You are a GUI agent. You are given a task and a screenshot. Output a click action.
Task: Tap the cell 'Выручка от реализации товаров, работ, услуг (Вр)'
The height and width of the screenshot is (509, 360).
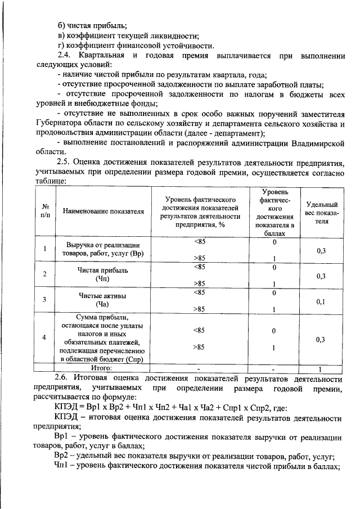(x=104, y=249)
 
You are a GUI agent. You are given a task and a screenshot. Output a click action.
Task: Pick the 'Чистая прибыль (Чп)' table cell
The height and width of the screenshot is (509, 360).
(x=104, y=274)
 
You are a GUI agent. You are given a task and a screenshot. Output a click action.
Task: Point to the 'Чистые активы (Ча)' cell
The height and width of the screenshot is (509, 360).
(x=104, y=300)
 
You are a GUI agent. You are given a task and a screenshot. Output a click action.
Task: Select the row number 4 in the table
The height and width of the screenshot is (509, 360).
(x=45, y=337)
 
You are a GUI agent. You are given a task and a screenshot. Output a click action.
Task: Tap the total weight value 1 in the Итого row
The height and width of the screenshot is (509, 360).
(x=320, y=368)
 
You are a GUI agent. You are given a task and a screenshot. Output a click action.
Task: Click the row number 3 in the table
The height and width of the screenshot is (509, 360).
(x=45, y=300)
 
